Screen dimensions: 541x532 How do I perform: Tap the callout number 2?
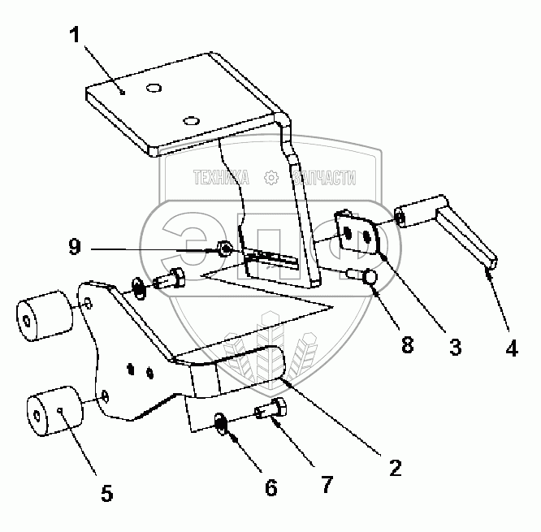click(x=394, y=469)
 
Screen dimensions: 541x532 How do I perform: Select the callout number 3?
click(x=456, y=347)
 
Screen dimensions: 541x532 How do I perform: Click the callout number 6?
click(x=270, y=487)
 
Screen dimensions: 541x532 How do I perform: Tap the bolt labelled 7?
click(x=270, y=411)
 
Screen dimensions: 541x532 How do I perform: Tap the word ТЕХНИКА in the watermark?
click(x=221, y=176)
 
